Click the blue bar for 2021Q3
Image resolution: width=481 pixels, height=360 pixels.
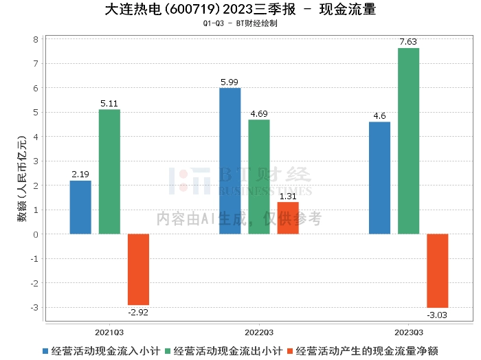point(80,207)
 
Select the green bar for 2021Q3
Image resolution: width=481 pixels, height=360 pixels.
point(109,172)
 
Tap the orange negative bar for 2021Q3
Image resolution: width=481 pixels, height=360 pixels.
point(138,269)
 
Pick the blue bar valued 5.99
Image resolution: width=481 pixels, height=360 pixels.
point(230,161)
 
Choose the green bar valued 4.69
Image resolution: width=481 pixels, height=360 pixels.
point(259,177)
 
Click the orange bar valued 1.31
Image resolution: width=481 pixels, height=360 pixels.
point(288,218)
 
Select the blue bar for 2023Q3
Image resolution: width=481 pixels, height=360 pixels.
point(379,178)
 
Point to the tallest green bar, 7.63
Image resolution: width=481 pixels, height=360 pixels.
point(408,141)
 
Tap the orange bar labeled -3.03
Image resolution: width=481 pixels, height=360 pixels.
point(437,271)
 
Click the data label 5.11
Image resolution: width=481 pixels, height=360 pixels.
point(109,104)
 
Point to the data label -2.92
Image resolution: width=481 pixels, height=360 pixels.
point(138,312)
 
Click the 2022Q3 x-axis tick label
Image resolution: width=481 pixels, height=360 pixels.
point(259,331)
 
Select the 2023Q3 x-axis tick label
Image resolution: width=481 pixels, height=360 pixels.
point(408,331)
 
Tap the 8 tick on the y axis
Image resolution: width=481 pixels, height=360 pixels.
point(35,39)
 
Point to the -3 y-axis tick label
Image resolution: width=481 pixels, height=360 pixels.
point(34,307)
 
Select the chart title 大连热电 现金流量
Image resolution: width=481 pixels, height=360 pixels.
point(240,10)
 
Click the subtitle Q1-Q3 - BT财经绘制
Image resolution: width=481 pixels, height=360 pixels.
point(240,23)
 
